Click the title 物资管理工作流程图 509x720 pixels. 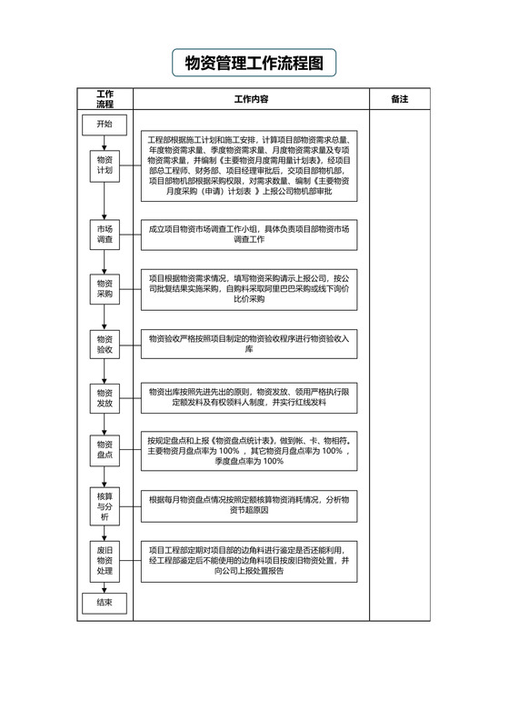254,64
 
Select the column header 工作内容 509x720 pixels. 251,98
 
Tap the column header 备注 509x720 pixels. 399,98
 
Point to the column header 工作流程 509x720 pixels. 105,99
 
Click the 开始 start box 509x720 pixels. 105,125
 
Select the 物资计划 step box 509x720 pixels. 105,165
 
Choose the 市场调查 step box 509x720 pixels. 105,235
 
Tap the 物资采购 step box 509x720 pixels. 105,288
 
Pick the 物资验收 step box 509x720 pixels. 105,344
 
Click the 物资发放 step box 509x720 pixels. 105,396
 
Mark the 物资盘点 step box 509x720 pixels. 105,449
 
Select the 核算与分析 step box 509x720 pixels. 105,505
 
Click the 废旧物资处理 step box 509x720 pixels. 105,561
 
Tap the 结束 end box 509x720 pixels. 105,602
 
